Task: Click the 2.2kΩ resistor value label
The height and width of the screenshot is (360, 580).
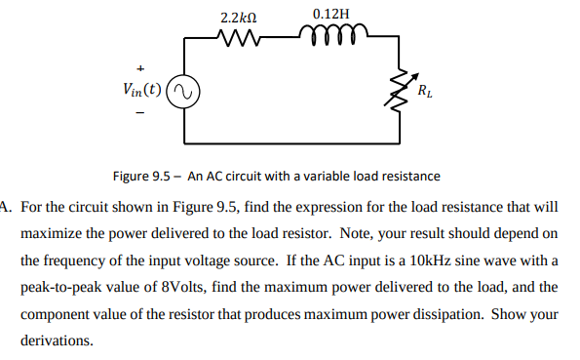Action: (238, 18)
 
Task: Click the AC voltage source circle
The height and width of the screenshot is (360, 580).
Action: (185, 92)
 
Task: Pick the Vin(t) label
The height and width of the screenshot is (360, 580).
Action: (142, 91)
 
